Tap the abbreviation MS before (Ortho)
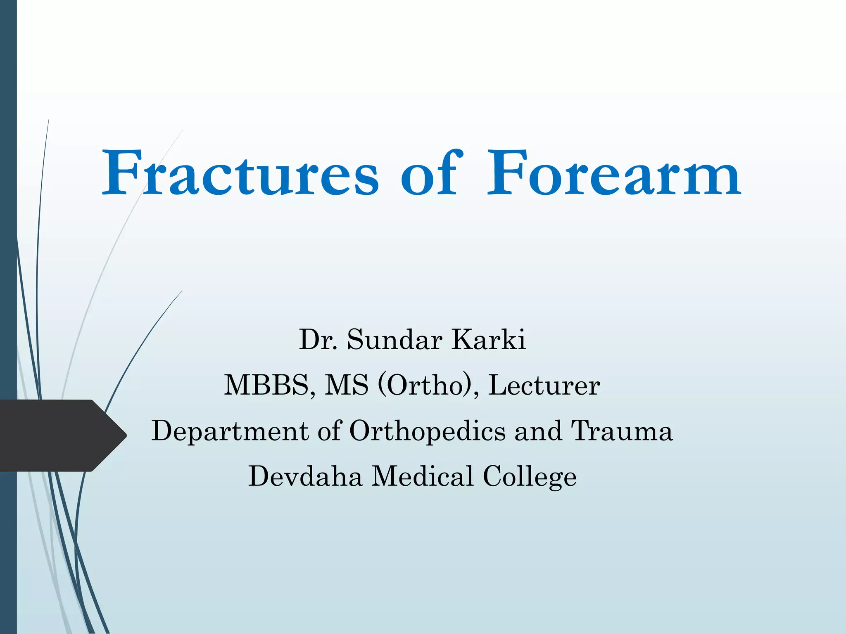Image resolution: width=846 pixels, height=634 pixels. click(346, 386)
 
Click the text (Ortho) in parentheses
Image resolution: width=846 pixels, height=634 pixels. click(425, 386)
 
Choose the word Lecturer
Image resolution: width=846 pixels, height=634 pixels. click(544, 386)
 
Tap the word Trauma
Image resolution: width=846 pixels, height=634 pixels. click(622, 431)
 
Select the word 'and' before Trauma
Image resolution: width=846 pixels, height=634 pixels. click(538, 431)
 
